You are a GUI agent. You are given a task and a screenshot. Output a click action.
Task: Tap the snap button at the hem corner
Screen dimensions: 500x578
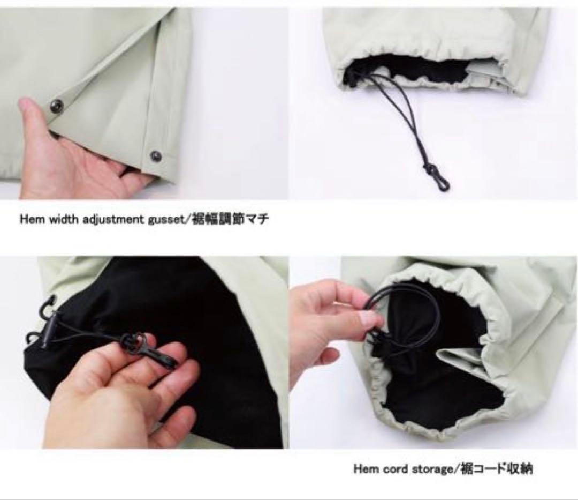pos(156,156)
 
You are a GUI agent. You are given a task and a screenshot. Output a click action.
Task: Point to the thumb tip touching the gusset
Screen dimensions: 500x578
pos(26,105)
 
